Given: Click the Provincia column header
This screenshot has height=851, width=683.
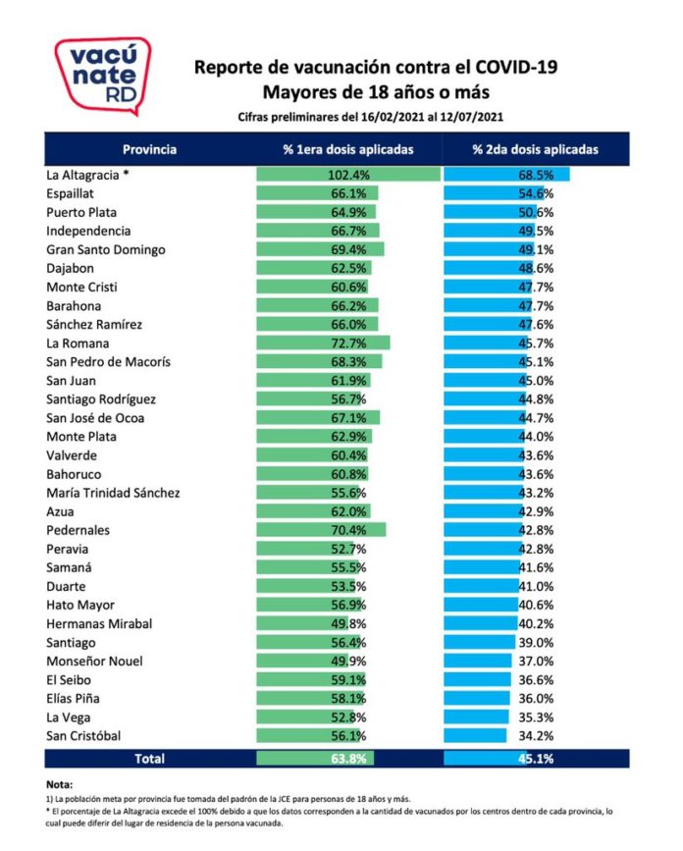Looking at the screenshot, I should tap(149, 150).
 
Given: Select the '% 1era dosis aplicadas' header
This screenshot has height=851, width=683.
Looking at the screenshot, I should tap(348, 150).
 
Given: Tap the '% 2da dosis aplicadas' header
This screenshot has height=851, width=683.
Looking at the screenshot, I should tap(535, 150).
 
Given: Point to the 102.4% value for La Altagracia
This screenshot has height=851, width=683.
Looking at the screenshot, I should tap(347, 175).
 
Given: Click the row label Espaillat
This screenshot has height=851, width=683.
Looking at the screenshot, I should tap(77, 193).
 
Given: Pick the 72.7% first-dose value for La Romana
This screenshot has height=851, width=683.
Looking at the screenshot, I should tap(348, 344).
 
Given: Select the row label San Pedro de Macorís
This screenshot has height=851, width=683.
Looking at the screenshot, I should tap(109, 362).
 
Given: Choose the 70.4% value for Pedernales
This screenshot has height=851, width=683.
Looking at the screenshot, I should tap(348, 530).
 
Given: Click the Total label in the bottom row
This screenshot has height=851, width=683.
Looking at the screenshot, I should tap(149, 758).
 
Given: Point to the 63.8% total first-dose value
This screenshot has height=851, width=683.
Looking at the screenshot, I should tap(348, 758).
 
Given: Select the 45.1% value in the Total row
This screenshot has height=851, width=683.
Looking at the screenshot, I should tap(535, 758).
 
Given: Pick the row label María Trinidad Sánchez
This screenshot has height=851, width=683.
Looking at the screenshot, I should tap(113, 493).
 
